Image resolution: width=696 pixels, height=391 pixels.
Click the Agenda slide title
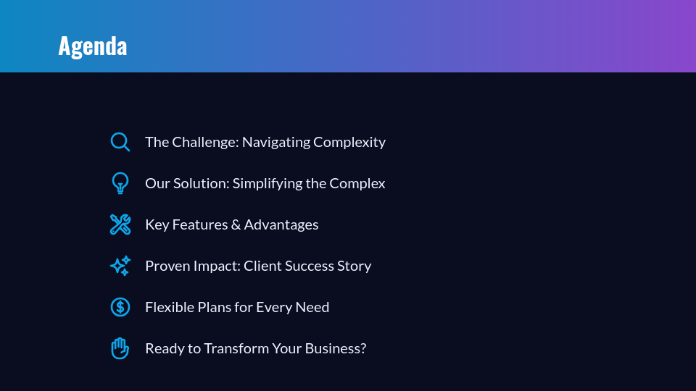click(x=92, y=46)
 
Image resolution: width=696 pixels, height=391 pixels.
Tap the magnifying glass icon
click(x=120, y=142)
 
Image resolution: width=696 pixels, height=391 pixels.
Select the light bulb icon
click(x=120, y=183)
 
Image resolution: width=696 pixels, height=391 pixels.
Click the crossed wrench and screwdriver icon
click(x=120, y=224)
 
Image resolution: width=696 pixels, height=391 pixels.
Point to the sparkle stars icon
click(x=120, y=266)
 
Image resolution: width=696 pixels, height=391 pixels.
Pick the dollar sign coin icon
click(x=120, y=307)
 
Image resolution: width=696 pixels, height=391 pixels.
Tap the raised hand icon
click(x=120, y=348)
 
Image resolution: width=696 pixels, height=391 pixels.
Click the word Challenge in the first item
click(x=205, y=142)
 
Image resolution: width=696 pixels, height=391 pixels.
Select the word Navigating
click(x=276, y=143)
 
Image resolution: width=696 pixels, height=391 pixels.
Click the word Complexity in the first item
click(x=349, y=143)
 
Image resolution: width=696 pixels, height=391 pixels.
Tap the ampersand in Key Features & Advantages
click(x=236, y=224)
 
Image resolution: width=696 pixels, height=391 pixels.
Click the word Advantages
click(x=281, y=225)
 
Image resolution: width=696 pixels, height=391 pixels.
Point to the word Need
click(x=312, y=307)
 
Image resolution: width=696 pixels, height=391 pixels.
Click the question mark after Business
click(x=362, y=348)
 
